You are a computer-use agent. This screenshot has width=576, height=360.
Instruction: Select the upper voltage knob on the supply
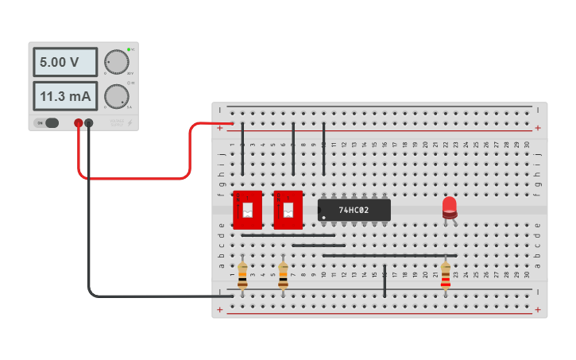point(116,62)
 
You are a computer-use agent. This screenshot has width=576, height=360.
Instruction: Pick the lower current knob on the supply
point(116,96)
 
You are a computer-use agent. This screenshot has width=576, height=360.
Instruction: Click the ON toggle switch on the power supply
point(51,122)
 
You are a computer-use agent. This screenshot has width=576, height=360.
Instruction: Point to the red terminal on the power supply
point(78,122)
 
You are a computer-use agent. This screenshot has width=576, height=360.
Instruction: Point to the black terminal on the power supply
point(89,122)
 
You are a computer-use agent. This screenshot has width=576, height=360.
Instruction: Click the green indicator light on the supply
point(129,49)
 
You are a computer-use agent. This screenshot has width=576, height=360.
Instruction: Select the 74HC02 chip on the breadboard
point(354,210)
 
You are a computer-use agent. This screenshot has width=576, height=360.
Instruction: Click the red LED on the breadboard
point(450,207)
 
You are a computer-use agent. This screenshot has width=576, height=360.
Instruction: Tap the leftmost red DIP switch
point(247,211)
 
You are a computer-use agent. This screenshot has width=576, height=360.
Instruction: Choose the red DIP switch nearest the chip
point(288,211)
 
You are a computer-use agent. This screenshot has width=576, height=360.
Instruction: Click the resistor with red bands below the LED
point(445,274)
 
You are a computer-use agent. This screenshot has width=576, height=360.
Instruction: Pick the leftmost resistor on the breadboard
point(242,274)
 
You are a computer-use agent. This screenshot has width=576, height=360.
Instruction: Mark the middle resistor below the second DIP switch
point(283,274)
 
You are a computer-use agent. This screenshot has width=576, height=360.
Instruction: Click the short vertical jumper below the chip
point(385,281)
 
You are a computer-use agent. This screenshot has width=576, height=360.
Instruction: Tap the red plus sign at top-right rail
point(538,127)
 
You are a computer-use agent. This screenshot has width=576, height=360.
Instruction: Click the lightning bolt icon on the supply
point(130,122)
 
